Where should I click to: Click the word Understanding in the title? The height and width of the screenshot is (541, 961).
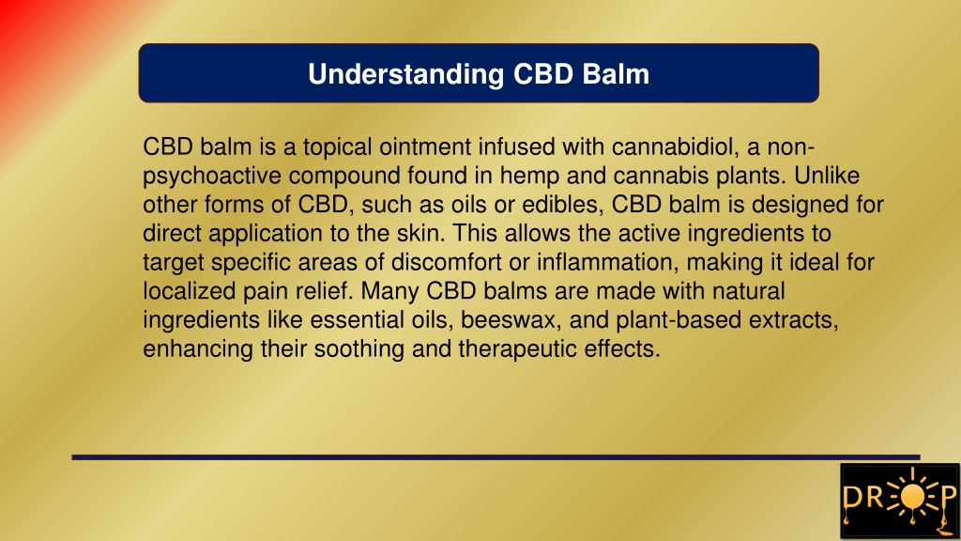coord(405,75)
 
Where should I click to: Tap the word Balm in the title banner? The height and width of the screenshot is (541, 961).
coord(616,73)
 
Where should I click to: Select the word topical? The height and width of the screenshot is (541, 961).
coord(337,147)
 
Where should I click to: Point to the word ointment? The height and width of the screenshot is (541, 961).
coord(425,147)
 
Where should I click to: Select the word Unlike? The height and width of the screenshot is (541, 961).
coord(827,176)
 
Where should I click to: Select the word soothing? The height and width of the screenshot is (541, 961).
coord(358,349)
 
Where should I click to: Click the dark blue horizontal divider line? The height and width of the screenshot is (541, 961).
coord(496,457)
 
